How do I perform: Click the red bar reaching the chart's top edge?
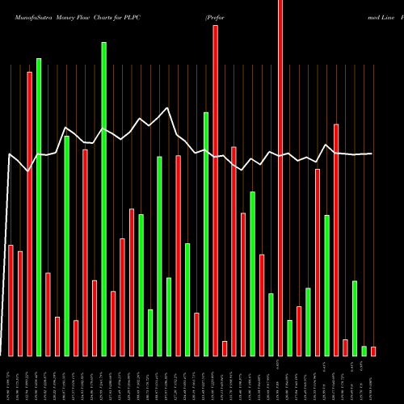(280, 178)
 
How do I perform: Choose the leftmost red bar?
(11, 300)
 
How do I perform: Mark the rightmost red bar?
(373, 351)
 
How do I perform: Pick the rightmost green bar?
(364, 351)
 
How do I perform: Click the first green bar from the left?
(39, 207)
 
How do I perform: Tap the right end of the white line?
(372, 154)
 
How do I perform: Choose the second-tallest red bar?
(216, 191)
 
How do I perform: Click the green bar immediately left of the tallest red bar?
(271, 325)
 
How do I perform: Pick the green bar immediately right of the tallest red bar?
(290, 338)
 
